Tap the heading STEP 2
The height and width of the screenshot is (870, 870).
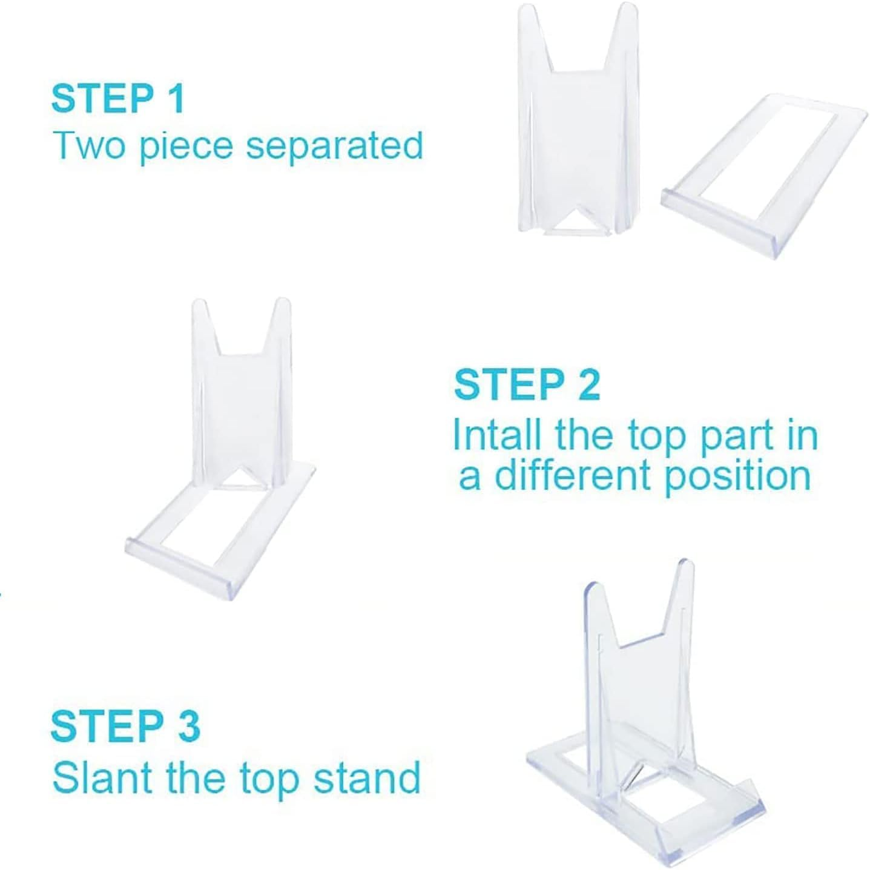click(527, 384)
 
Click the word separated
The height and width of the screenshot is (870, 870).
click(334, 147)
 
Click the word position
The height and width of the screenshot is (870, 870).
click(737, 476)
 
